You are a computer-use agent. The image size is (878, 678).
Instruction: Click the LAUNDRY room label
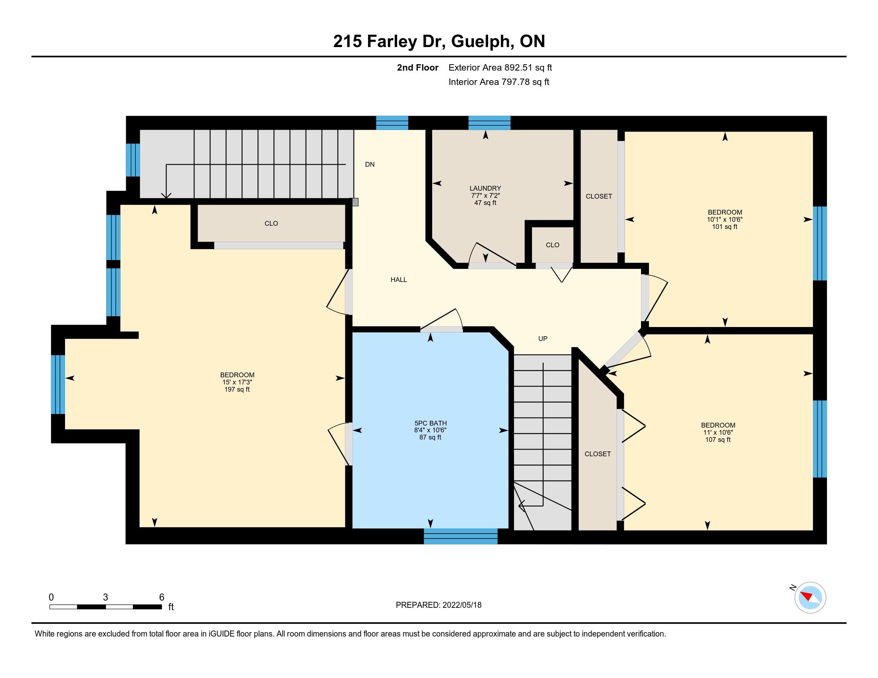coord(485,188)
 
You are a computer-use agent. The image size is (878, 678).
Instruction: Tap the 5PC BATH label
coord(431,423)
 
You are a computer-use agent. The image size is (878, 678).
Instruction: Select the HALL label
coord(399,280)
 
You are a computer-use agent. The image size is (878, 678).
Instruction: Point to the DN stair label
coord(370,164)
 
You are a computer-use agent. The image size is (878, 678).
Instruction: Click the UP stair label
coord(543,339)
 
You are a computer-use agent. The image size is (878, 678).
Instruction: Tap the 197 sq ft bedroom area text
coord(237,389)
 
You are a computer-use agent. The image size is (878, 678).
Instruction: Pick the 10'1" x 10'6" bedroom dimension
coord(725,219)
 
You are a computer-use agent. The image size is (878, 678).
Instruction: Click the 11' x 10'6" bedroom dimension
coord(718,432)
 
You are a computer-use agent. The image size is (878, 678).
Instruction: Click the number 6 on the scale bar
coord(162,597)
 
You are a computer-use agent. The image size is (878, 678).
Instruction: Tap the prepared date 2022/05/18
coord(462,605)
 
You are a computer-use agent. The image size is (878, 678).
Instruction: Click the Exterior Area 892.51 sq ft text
coord(500,67)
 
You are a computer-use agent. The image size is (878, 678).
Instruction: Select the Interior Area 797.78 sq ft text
coord(498,82)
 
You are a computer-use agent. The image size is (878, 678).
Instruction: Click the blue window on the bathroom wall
coord(461,536)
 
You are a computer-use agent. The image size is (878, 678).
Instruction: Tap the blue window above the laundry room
coord(489,123)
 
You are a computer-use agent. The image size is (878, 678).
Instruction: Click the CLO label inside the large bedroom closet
coord(271,223)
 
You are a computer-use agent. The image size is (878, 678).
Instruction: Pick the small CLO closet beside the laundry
coord(553,244)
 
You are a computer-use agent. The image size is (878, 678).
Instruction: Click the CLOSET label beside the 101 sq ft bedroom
coord(599,196)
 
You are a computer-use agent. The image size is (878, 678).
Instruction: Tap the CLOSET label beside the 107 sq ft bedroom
coord(598,454)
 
